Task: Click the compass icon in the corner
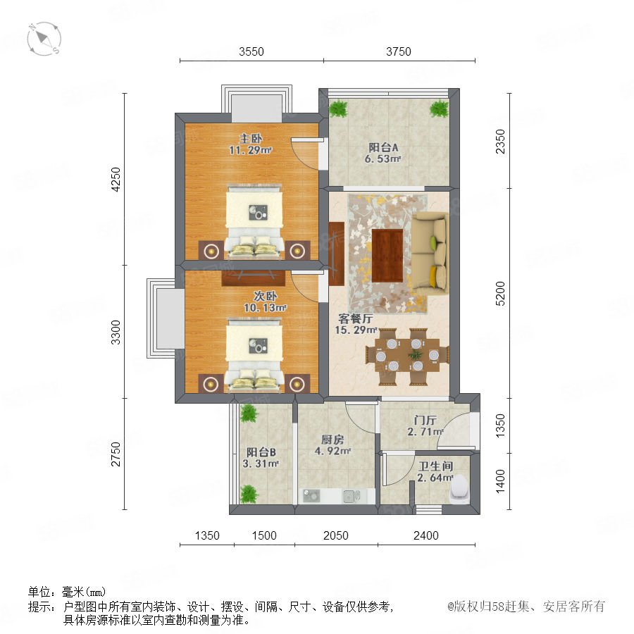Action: pos(44,39)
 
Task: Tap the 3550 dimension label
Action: pos(251,51)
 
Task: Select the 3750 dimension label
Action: pos(398,51)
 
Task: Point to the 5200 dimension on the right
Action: pos(500,293)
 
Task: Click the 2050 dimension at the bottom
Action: pos(335,535)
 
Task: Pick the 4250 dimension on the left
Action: pos(116,179)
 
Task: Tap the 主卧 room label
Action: pos(251,139)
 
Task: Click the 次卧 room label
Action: pos(265,296)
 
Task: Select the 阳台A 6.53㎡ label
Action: pos(383,153)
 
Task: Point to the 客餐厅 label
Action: pos(356,318)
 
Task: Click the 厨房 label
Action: pos(332,440)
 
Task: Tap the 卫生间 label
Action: pos(435,466)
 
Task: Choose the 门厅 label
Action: pos(425,420)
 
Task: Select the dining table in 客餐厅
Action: pos(407,356)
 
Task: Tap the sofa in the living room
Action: pos(430,254)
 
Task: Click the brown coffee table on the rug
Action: pos(387,255)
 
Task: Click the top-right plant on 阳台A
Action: pos(439,108)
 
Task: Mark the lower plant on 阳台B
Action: pos(248,494)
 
